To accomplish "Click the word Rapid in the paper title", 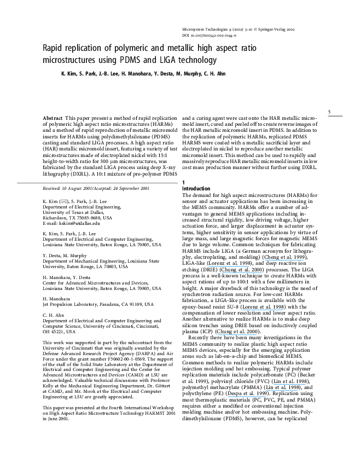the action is pyautogui.click(x=53, y=49).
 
